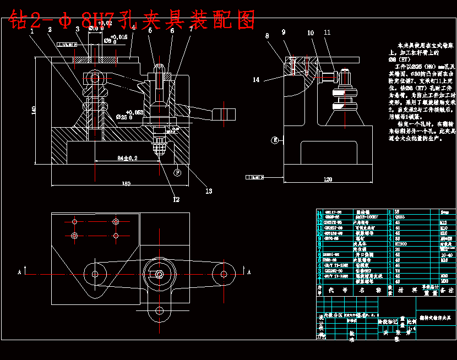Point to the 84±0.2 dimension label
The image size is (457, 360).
[x=127, y=158]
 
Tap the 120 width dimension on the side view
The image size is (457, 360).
[x=329, y=179]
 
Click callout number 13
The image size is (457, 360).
[x=209, y=191]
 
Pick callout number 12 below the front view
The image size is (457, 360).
[x=176, y=199]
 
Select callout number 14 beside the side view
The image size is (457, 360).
[x=256, y=80]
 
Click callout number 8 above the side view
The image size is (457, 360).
[x=267, y=36]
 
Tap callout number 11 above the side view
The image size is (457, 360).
[x=327, y=33]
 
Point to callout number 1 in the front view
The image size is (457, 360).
[x=32, y=31]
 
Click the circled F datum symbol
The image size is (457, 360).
[x=177, y=172]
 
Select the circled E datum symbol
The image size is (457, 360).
[x=274, y=140]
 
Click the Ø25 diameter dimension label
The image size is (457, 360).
[x=124, y=117]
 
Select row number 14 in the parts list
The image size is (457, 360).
[x=319, y=212]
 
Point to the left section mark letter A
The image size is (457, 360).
[x=20, y=272]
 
